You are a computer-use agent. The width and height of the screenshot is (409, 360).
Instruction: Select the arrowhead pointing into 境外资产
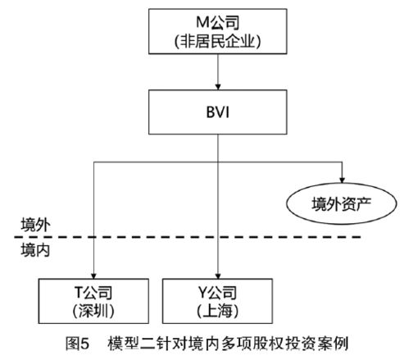click(341, 179)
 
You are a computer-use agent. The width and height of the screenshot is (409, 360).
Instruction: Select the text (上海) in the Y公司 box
click(216, 312)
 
